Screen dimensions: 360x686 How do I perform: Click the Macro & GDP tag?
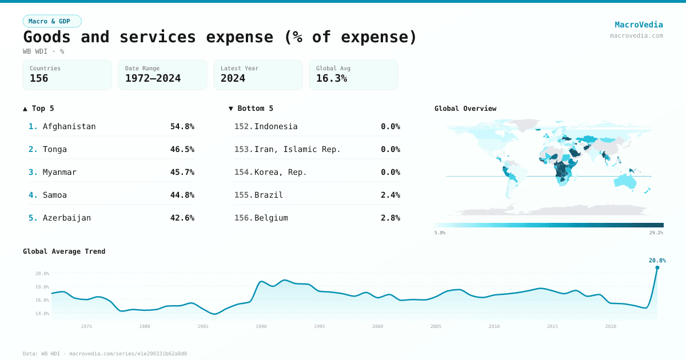[x=52, y=21]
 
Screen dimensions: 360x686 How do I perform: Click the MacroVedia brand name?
[x=639, y=25]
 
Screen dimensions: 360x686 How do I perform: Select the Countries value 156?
[x=39, y=78]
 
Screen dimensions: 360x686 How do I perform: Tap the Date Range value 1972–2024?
[x=153, y=78]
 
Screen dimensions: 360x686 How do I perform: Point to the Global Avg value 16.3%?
[x=332, y=78]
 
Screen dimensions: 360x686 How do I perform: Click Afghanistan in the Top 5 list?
[x=69, y=126]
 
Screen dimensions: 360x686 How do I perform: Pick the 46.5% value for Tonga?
[x=182, y=149]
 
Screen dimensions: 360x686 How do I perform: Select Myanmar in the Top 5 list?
[x=59, y=172]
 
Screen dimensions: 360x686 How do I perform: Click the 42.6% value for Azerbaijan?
[x=182, y=218]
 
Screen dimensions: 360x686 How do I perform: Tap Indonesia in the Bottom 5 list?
[x=276, y=126]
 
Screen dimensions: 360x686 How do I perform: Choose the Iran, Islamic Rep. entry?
[x=297, y=149]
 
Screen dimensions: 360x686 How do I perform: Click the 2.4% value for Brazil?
[x=390, y=195]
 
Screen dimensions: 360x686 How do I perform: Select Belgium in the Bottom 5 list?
[x=271, y=218]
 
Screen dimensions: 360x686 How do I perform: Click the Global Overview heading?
[x=465, y=109]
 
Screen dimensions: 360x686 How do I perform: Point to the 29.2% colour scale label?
[x=656, y=233]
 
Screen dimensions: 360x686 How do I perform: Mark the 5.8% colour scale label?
[x=440, y=233]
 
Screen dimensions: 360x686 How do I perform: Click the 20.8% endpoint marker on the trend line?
[x=657, y=267]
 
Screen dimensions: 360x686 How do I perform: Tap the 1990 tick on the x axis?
[x=261, y=326]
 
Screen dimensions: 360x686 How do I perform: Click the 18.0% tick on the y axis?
[x=43, y=287]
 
